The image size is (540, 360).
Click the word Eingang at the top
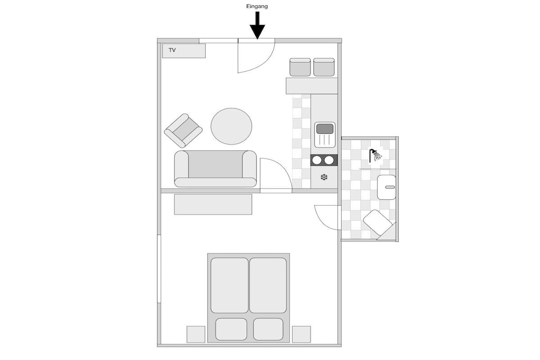(257, 6)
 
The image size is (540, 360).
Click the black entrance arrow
(257, 25)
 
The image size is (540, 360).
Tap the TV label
(172, 50)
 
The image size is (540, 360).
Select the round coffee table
(232, 127)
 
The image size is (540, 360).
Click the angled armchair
(183, 130)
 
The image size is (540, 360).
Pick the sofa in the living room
(216, 169)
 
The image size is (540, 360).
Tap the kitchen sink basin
(325, 129)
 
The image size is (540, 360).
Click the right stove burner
(329, 160)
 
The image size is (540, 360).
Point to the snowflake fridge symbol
(324, 177)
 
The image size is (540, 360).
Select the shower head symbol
(375, 155)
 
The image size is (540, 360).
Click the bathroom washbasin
(387, 187)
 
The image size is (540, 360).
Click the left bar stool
(300, 67)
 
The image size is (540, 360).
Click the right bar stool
(324, 67)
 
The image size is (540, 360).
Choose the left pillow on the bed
(231, 329)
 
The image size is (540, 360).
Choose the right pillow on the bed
(268, 329)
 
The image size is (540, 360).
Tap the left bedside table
(196, 334)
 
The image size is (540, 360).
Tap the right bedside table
(301, 334)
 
